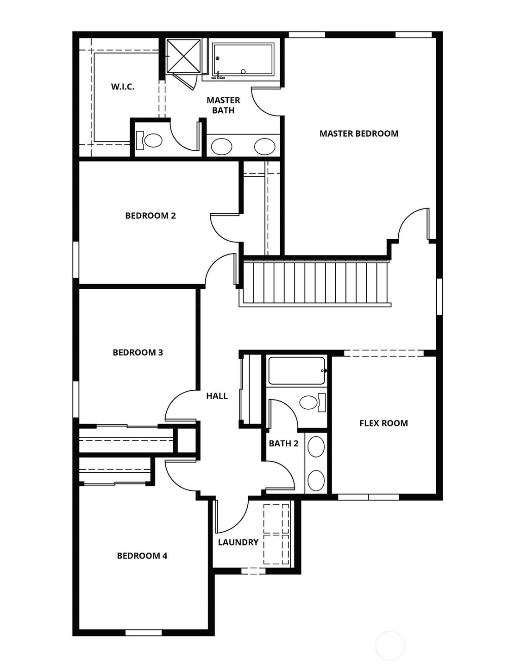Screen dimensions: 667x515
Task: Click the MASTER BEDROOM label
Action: [358, 133]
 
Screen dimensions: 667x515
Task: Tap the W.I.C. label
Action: [123, 87]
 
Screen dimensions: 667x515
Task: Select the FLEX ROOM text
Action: [383, 423]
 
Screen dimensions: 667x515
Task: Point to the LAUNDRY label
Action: [238, 542]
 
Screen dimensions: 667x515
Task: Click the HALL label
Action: [217, 396]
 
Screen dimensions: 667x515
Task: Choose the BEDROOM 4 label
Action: [142, 556]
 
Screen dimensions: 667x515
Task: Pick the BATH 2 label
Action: [283, 444]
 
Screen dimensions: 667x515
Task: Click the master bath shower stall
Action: [183, 56]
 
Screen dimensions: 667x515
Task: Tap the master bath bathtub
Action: [243, 59]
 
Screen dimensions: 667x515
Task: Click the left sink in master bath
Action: [221, 147]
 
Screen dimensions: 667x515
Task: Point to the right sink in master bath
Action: [264, 147]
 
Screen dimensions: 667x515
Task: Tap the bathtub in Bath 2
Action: [296, 371]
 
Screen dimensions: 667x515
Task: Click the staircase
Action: [315, 283]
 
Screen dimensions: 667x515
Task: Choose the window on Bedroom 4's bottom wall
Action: [144, 632]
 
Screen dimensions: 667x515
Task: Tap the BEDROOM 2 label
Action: [151, 216]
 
